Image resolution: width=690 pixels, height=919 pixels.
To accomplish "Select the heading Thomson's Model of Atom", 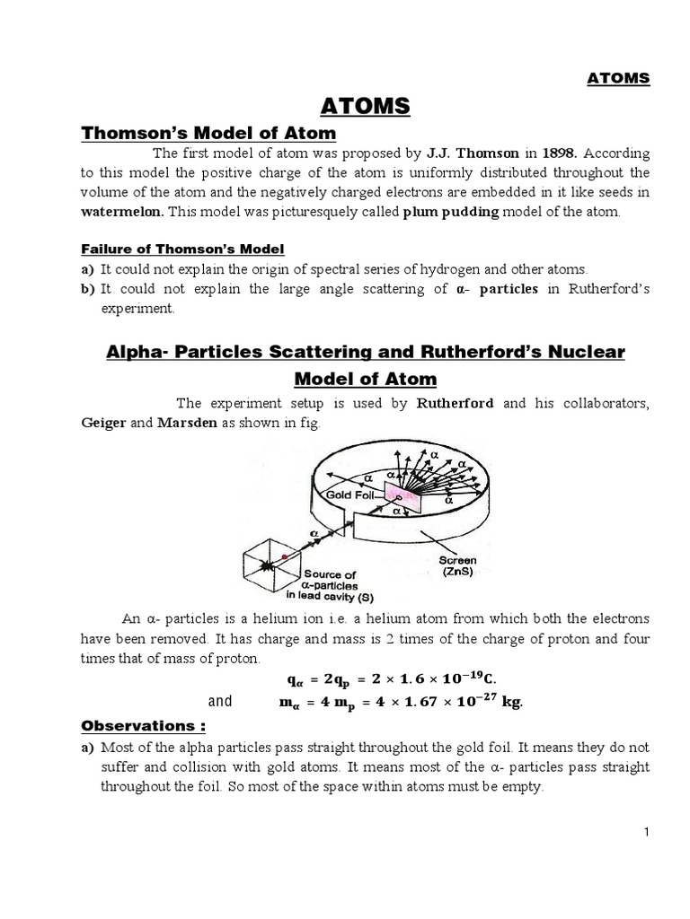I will click(x=208, y=134).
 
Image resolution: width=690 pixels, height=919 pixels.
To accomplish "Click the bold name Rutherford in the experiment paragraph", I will click(x=456, y=404).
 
